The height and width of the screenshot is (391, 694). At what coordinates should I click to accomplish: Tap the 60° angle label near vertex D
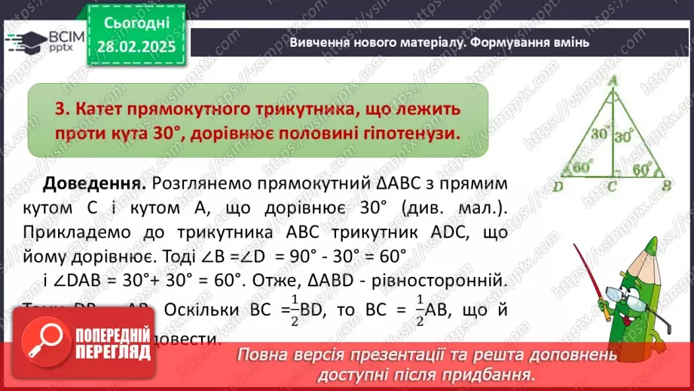(x=582, y=167)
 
